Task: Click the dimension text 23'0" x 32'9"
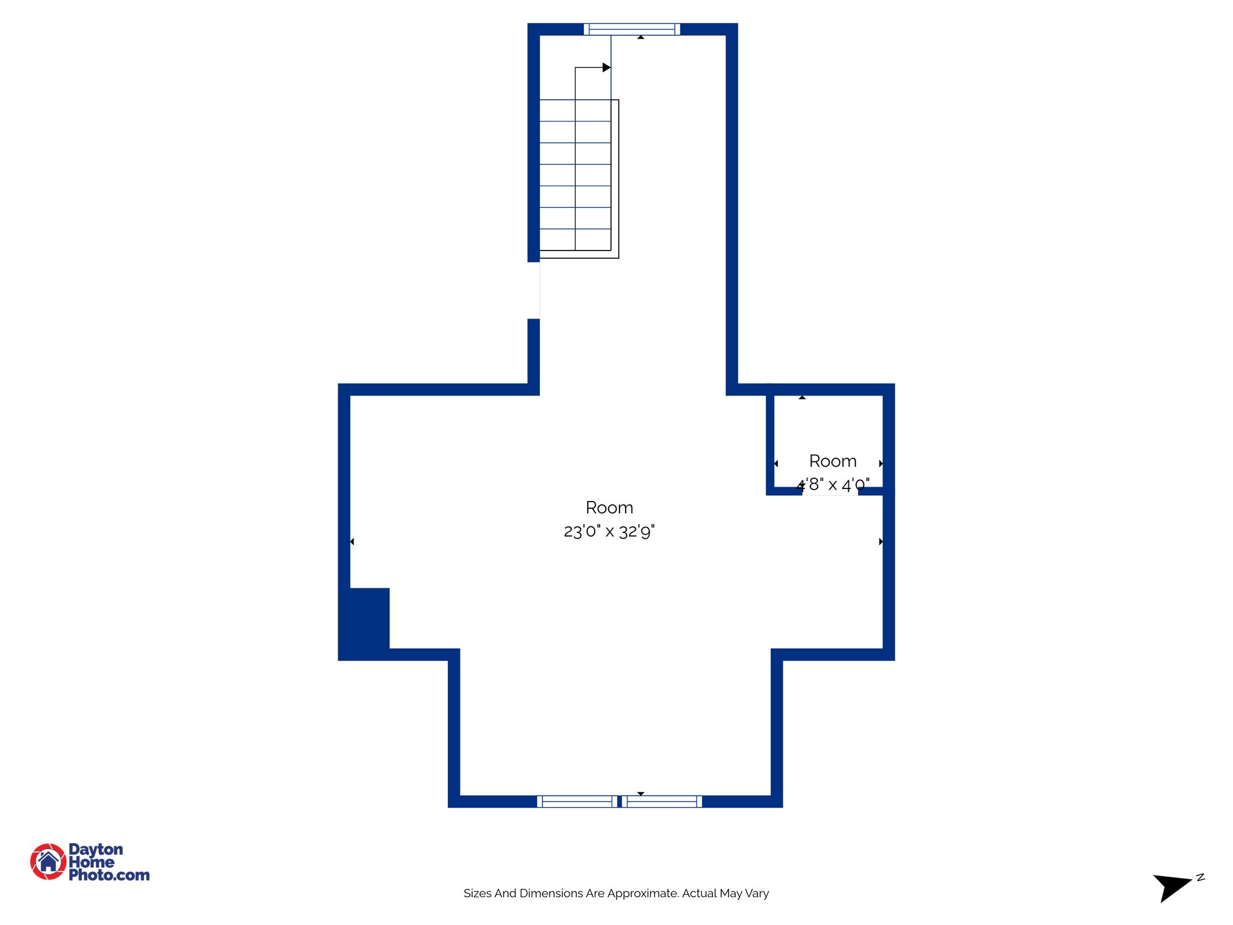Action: [609, 531]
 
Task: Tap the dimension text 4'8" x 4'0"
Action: [833, 484]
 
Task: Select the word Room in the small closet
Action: [833, 461]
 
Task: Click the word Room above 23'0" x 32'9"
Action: [609, 508]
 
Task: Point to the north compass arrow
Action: [1170, 887]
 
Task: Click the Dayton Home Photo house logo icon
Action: [48, 861]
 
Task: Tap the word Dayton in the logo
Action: [96, 849]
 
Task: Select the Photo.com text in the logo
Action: [109, 875]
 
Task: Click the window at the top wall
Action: [632, 29]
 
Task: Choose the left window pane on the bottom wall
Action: [577, 801]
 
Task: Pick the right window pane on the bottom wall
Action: [662, 801]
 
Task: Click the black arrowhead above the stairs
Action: [606, 67]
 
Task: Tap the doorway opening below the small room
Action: [830, 492]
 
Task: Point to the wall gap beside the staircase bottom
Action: [533, 290]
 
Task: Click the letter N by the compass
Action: [1200, 877]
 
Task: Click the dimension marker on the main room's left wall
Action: [352, 542]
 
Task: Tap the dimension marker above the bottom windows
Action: [641, 794]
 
